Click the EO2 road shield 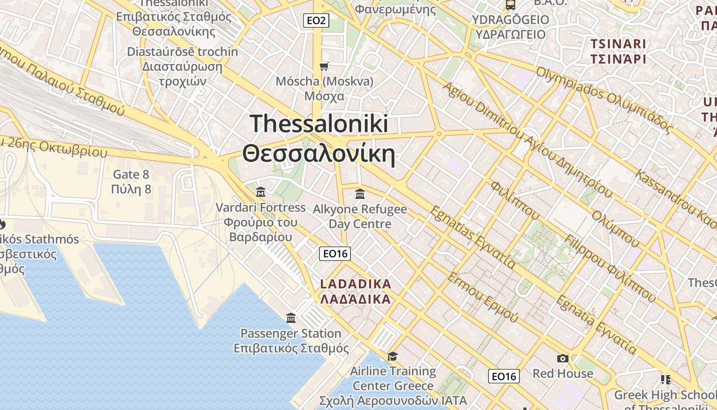tap(315, 20)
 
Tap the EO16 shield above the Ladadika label tap(335, 253)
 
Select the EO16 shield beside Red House tap(504, 376)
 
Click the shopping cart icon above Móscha tap(324, 66)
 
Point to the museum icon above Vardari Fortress tap(261, 192)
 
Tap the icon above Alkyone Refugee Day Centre tap(360, 194)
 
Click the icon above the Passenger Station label tap(291, 318)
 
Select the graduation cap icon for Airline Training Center tap(392, 356)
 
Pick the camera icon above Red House tap(563, 358)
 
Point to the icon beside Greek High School tap(666, 379)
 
